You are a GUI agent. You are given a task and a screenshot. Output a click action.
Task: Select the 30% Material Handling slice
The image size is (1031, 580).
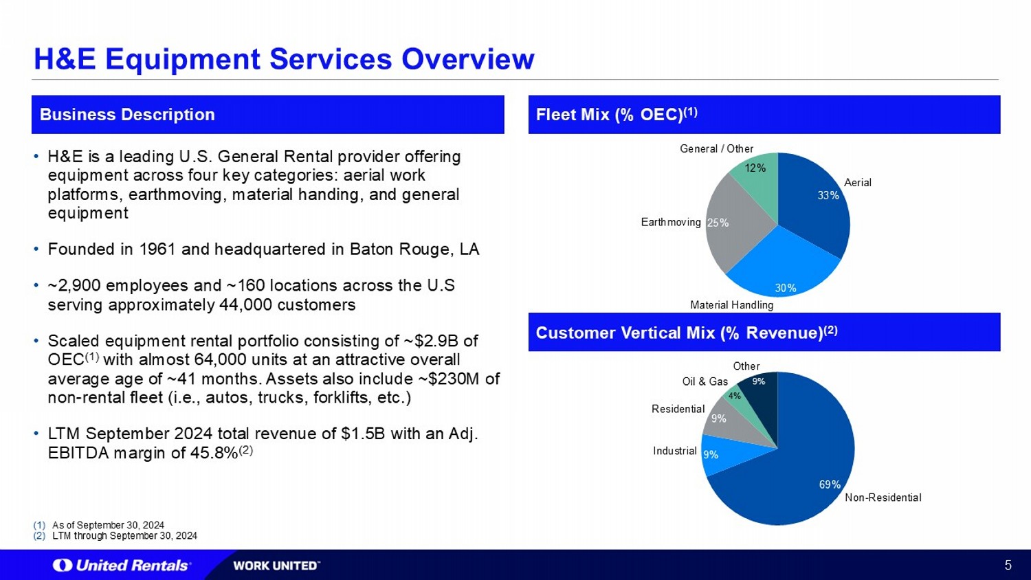pyautogui.click(x=782, y=267)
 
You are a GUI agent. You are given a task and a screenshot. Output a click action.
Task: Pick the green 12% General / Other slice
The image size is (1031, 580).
pyautogui.click(x=757, y=172)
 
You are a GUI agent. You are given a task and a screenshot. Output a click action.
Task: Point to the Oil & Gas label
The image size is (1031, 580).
pyautogui.click(x=705, y=381)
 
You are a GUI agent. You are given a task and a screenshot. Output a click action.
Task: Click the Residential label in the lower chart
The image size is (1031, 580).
pyautogui.click(x=678, y=409)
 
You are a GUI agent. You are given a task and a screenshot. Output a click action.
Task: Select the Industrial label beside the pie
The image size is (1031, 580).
pyautogui.click(x=675, y=451)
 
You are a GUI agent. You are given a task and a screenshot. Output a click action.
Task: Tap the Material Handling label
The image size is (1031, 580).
pyautogui.click(x=732, y=304)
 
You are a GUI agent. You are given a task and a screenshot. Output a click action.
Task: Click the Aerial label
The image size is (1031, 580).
pyautogui.click(x=858, y=183)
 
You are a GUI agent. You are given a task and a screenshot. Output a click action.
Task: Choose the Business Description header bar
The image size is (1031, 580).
pyautogui.click(x=268, y=115)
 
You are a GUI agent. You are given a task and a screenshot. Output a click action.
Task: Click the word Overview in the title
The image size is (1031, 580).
pyautogui.click(x=467, y=59)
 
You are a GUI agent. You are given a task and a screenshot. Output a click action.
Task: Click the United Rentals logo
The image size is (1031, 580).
pyautogui.click(x=122, y=566)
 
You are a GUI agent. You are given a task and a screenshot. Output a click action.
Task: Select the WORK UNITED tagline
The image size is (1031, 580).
pyautogui.click(x=276, y=566)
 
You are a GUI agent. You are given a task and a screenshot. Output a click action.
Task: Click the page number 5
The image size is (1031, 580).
pyautogui.click(x=1008, y=566)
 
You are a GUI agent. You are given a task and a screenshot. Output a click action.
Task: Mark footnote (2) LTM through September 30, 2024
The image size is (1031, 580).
pyautogui.click(x=115, y=536)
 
